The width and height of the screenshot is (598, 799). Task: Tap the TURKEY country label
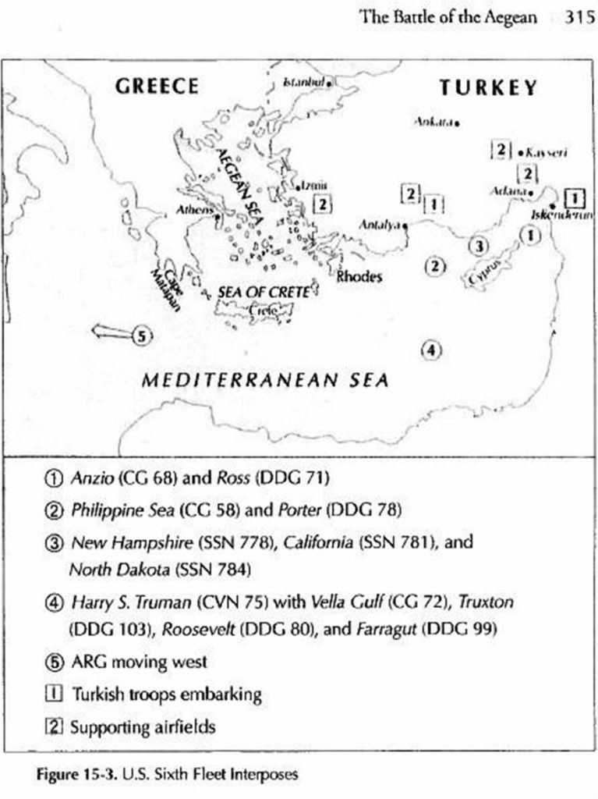coord(488,87)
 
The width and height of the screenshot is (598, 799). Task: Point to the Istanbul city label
coord(303,81)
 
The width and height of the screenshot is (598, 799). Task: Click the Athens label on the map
coord(193,210)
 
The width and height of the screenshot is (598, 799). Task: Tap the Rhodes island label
coord(359,276)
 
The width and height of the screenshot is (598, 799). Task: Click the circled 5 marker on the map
coord(140,336)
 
